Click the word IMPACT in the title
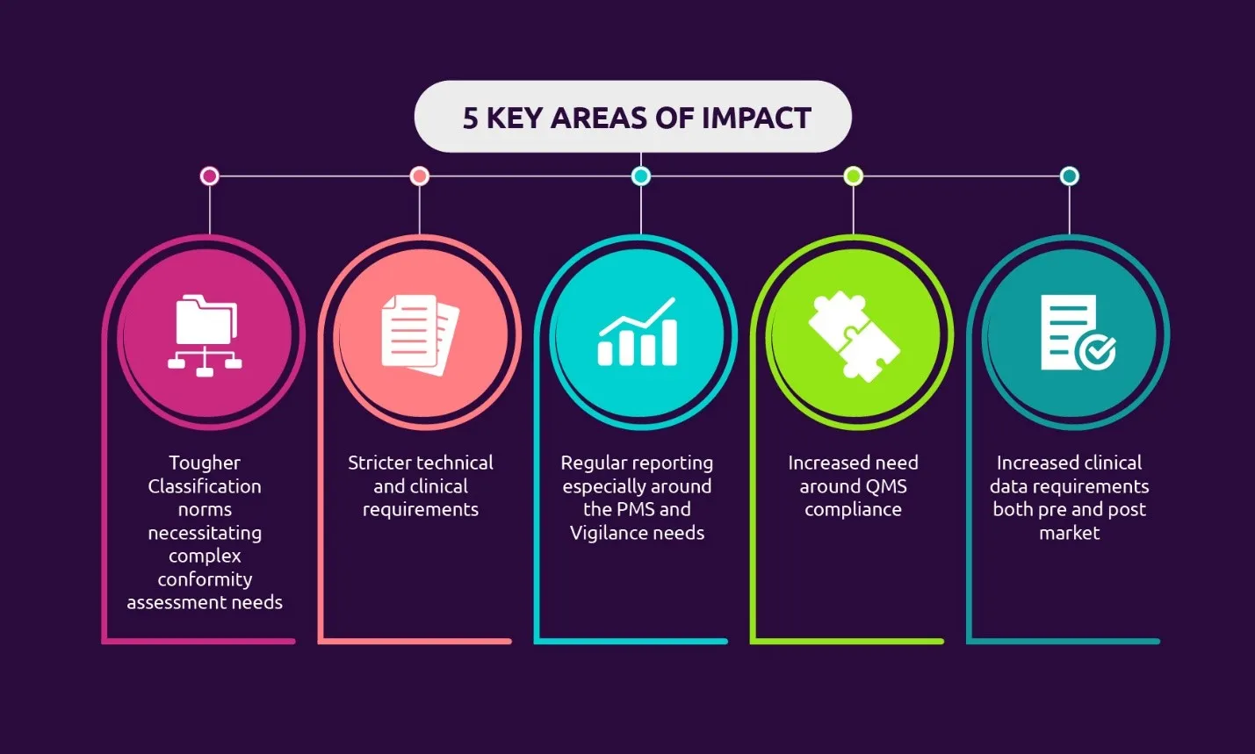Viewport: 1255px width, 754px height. coord(756,118)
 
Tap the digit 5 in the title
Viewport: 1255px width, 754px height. coord(471,118)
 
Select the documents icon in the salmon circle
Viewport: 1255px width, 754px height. coord(420,334)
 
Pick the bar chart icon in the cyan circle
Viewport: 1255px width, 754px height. coord(638,332)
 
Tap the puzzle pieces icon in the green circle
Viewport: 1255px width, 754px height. coord(854,336)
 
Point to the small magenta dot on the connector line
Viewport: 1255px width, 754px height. coord(210,176)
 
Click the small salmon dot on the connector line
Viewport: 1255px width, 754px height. coord(420,176)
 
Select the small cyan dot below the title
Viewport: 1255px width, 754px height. coord(641,176)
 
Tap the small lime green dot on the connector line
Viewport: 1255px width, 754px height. coord(854,176)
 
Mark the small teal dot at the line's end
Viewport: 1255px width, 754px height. coord(1070,176)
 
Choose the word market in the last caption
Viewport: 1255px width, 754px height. coord(1070,533)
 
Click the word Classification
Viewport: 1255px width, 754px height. coord(205,486)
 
